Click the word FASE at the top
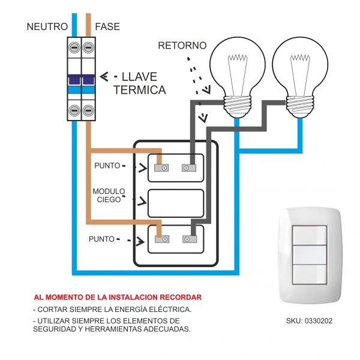pos(107,27)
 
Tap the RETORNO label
pos(182,46)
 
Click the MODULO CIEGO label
pos(109,196)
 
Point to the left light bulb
pos(238,67)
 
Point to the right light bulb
pos(300,67)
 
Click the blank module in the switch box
pos(176,203)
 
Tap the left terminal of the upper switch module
pos(161,168)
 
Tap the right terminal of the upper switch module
pos(188,168)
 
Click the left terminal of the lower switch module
pos(161,239)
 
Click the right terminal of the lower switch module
pos(188,239)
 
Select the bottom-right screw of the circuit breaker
pos(89,110)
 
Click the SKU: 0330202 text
pos(309,321)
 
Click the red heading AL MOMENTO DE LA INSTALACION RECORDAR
pos(118,297)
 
